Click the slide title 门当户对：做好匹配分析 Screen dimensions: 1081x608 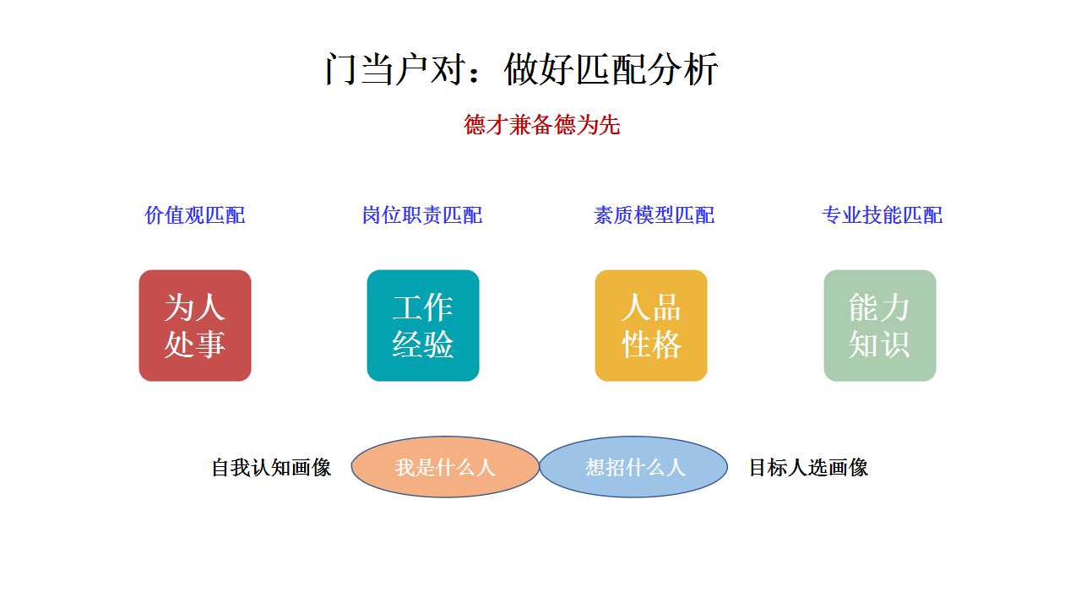click(521, 69)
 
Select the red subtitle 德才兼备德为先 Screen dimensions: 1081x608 click(542, 124)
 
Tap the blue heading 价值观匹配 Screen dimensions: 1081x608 click(195, 215)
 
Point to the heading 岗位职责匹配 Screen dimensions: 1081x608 click(422, 215)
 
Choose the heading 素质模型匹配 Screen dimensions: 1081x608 click(654, 215)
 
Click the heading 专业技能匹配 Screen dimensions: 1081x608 click(882, 215)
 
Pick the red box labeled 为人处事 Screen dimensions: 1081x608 click(195, 326)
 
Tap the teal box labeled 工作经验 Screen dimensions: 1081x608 click(423, 326)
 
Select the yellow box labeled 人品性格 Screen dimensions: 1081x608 click(651, 326)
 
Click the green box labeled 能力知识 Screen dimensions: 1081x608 click(880, 326)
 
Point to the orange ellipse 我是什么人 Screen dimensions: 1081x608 click(445, 467)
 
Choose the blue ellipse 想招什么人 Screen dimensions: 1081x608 click(633, 467)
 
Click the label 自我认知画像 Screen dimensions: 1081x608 click(271, 468)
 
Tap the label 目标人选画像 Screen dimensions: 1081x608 click(808, 468)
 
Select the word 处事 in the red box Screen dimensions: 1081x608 click(195, 345)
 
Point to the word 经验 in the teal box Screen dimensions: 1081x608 click(423, 345)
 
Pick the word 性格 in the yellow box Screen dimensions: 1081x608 click(651, 345)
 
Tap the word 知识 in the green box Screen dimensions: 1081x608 click(880, 345)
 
